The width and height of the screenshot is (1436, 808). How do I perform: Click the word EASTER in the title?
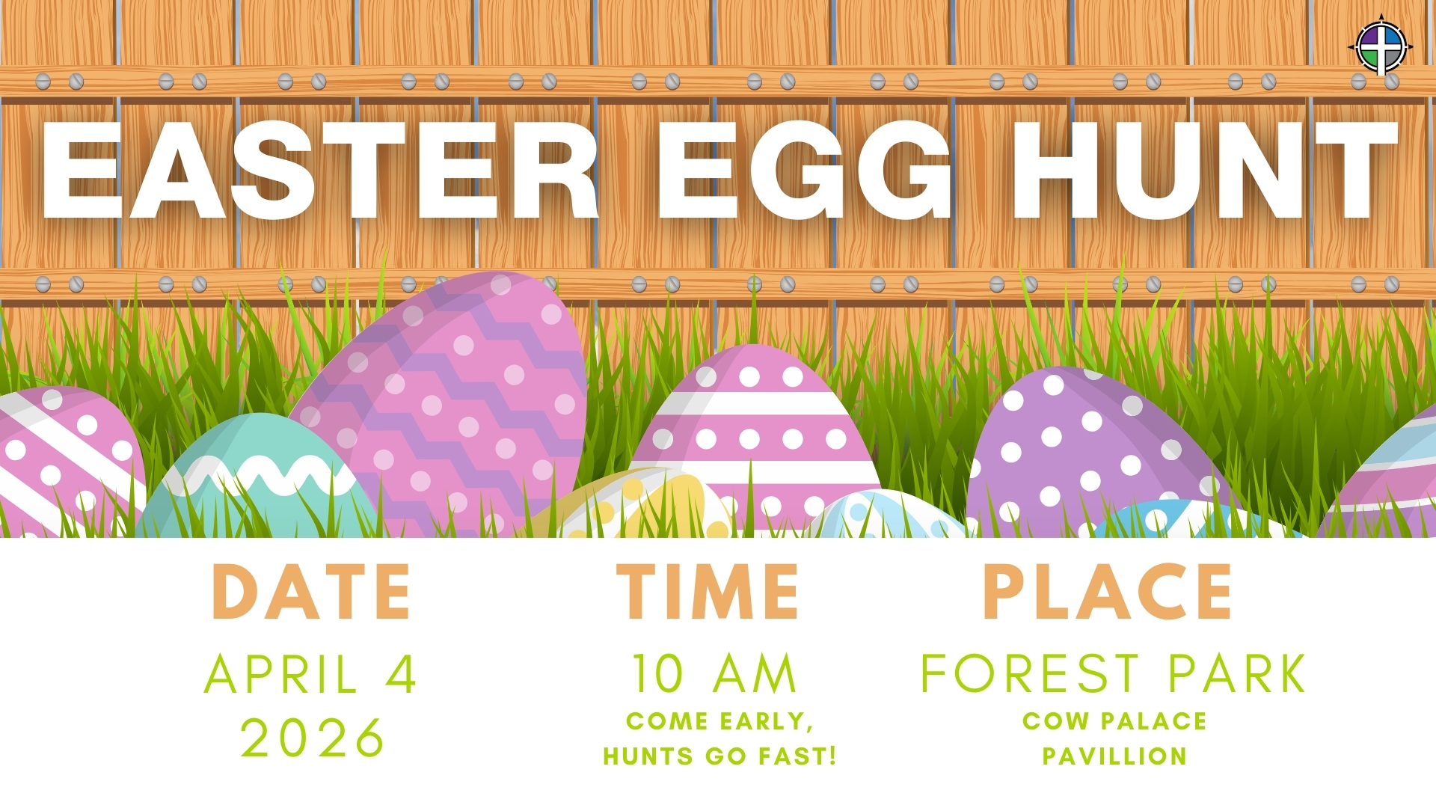point(320,171)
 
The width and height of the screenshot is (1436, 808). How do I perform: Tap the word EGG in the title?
point(805,171)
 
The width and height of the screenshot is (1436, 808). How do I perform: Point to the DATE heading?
point(311,592)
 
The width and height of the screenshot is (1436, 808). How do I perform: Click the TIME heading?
point(708,592)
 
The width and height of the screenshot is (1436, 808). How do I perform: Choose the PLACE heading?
point(1107,592)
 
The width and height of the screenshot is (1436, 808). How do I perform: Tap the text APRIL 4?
point(310,674)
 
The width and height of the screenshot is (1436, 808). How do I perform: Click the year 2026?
point(312,738)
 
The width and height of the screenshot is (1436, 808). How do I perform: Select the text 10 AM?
point(714,674)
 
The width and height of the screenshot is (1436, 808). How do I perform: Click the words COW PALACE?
point(1114,720)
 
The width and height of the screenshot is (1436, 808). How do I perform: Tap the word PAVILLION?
point(1114,756)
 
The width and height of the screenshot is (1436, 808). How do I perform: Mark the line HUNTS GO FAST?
point(719,756)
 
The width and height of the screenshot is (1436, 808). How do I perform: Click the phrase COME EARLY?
point(719,721)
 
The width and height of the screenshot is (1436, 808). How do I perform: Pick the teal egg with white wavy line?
point(258,479)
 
